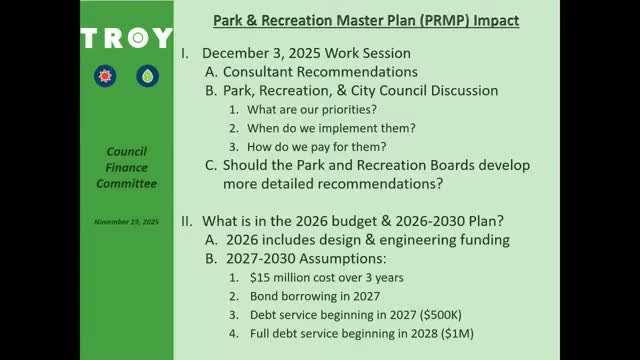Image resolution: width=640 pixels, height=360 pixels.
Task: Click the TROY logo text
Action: tap(126, 38)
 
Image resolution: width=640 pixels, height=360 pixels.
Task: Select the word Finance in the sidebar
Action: tap(127, 168)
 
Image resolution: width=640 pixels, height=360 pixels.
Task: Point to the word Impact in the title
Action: tap(492, 20)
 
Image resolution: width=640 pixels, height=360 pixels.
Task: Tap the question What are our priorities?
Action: tap(312, 109)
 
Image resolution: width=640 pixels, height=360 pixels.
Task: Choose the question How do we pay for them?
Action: tap(313, 147)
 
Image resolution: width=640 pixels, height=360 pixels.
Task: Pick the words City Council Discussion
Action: tap(418, 90)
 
